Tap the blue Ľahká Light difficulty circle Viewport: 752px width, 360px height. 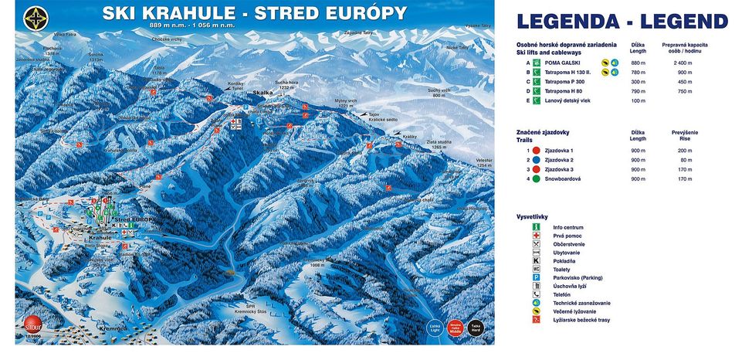(435, 326)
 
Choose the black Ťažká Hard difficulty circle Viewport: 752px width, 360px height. (476, 326)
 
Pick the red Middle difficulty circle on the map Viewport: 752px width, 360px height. (456, 326)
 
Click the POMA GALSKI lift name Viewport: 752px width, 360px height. (563, 62)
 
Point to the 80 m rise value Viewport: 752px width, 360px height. (684, 160)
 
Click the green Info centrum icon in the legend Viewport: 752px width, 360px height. (535, 227)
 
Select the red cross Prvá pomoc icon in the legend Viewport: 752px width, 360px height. (535, 236)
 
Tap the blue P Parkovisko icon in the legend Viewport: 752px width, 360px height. (535, 277)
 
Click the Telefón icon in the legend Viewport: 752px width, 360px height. (535, 294)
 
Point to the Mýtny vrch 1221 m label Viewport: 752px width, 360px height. (345, 103)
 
